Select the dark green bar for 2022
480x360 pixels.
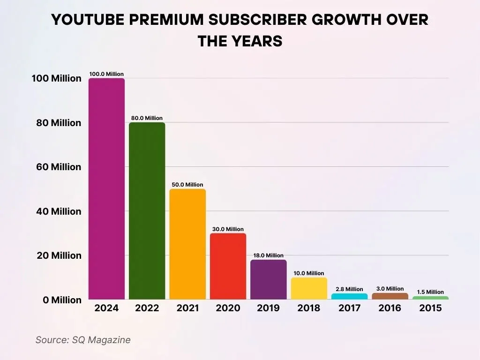coord(147,210)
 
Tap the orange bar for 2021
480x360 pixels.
coord(187,244)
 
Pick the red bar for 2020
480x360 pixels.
coord(228,266)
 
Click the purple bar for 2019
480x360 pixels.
coord(268,279)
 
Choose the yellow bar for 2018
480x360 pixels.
coord(309,288)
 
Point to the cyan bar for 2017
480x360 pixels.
coord(349,296)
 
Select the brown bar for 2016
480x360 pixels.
coord(390,296)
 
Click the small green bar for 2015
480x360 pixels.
coord(430,298)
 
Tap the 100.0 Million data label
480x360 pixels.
coord(106,74)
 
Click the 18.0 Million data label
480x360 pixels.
coord(268,255)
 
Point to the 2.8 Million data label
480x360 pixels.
coord(349,289)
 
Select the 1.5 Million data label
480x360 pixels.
coord(430,292)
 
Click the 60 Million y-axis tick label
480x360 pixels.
coord(56,167)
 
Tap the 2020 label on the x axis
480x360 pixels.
coord(228,308)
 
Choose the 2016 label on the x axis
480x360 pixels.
coord(390,308)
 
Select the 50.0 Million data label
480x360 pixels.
coord(187,185)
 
